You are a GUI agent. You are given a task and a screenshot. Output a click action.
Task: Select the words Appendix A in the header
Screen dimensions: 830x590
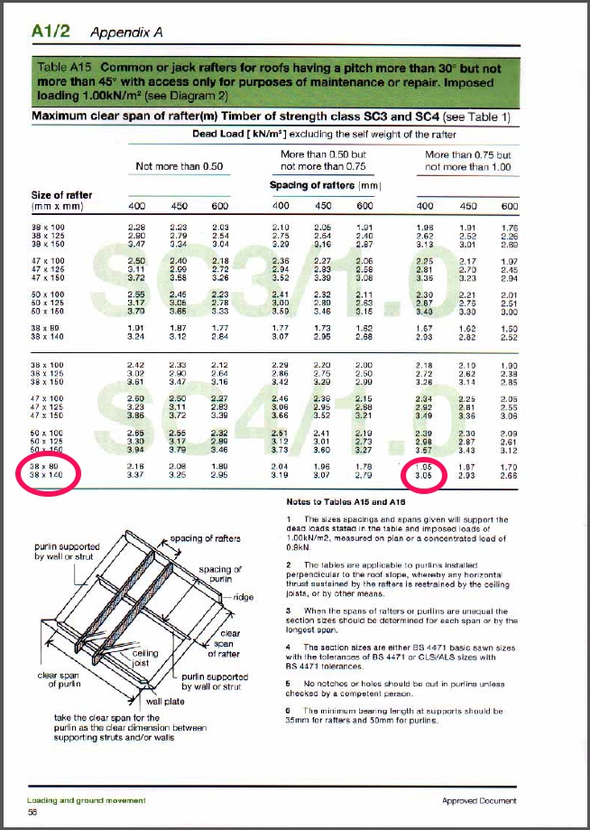coord(126,33)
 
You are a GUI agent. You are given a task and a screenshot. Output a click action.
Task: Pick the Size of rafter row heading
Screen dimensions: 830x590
coord(61,195)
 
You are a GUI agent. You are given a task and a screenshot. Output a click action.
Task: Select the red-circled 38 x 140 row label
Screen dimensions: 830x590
coord(46,475)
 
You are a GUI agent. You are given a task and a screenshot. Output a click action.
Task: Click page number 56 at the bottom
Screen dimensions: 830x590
coord(33,814)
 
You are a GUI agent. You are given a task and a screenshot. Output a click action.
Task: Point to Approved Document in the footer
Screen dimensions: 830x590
coord(479,801)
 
